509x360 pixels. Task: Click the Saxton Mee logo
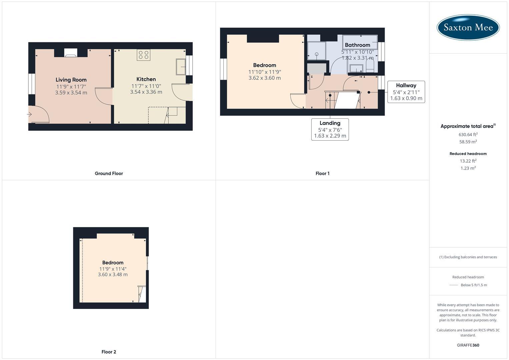point(468,27)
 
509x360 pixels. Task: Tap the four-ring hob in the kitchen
point(143,55)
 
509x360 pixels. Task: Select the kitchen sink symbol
point(181,67)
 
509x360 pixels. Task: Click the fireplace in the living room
point(71,53)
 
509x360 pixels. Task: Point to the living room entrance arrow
point(29,114)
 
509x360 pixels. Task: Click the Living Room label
point(71,80)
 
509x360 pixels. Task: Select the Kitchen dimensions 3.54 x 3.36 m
point(146,92)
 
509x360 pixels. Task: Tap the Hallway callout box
point(406,92)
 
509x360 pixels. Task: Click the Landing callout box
point(330,129)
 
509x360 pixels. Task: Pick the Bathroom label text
point(357,45)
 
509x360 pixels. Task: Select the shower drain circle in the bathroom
point(317,54)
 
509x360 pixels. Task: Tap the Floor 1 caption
point(322,173)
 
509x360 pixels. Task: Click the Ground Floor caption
point(109,173)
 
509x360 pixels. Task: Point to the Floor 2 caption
point(109,352)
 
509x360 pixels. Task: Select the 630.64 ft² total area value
point(468,135)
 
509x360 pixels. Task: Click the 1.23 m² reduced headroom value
point(468,168)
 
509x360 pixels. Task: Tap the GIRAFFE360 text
point(468,345)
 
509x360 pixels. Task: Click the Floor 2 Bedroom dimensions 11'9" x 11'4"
point(113,269)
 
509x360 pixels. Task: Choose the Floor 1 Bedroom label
point(265,65)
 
